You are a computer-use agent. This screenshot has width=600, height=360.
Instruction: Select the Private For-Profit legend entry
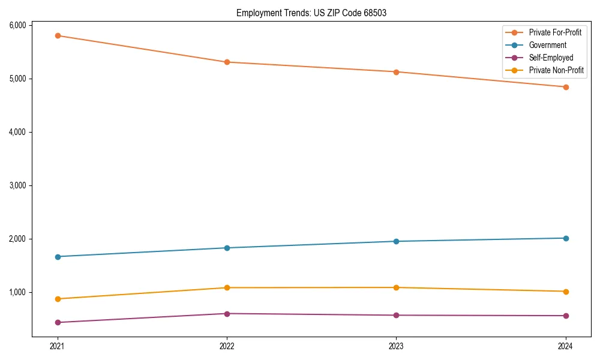point(555,32)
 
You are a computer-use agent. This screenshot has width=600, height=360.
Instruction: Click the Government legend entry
point(547,45)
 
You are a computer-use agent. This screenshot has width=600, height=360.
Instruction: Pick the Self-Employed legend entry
point(551,58)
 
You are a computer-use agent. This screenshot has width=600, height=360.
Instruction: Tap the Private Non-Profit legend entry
point(556,70)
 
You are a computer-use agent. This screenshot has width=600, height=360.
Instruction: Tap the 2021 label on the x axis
point(58,346)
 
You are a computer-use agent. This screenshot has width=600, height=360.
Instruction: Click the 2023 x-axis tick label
point(396,346)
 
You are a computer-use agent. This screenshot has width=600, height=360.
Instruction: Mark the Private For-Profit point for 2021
point(58,36)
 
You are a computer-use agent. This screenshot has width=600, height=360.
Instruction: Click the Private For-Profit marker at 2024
point(566,87)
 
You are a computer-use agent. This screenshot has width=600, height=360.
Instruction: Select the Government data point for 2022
point(227,248)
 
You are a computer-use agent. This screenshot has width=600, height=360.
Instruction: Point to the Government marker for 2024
point(566,238)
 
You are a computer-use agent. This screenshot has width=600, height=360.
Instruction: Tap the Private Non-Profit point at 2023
point(396,287)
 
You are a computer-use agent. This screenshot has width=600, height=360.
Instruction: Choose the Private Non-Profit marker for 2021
point(58,299)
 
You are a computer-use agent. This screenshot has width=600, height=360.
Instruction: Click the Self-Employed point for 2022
point(227,314)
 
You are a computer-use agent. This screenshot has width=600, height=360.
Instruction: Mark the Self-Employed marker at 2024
point(566,316)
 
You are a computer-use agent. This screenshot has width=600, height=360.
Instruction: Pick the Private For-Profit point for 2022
point(227,62)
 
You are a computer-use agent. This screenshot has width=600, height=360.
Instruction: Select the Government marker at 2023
point(396,241)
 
